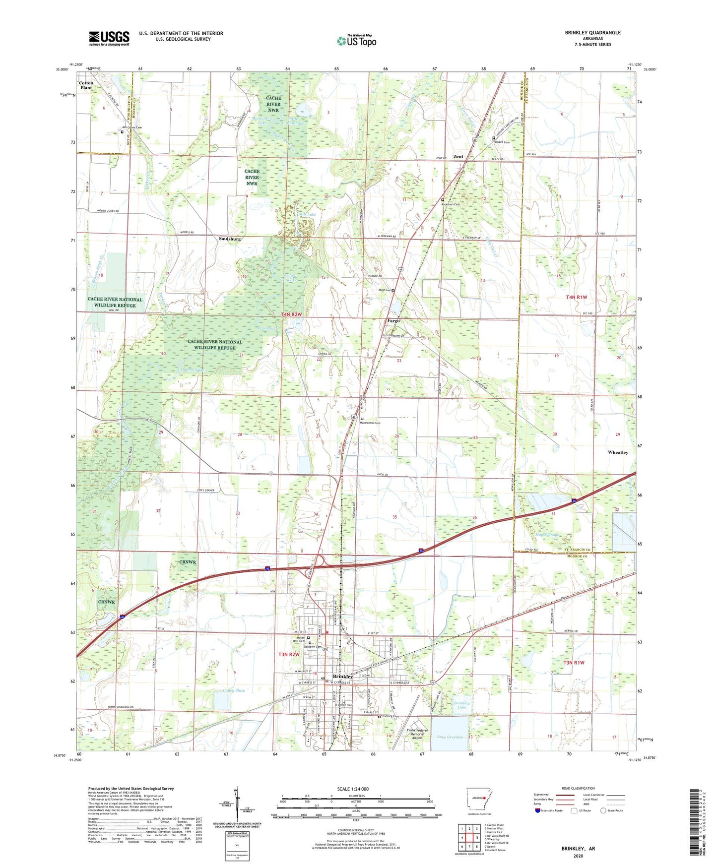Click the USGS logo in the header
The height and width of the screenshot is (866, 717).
coord(109,38)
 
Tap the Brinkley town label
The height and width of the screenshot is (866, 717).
coord(343,677)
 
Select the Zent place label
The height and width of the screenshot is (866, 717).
coord(458,156)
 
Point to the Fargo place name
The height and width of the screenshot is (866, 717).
coord(393,321)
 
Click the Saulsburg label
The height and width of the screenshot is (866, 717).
coord(230,239)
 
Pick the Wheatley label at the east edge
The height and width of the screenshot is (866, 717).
coord(618,452)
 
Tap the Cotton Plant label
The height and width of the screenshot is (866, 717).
coord(86,85)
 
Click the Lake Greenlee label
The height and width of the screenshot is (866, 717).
coord(450,737)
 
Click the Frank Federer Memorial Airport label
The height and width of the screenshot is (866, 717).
coord(417,734)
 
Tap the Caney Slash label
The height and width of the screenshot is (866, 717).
coord(233,690)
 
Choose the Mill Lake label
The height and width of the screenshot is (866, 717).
coord(307,214)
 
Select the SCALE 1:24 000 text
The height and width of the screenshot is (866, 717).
coord(352,789)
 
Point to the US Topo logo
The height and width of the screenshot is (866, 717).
coord(356,41)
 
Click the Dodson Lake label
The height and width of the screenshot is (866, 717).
coord(193,370)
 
